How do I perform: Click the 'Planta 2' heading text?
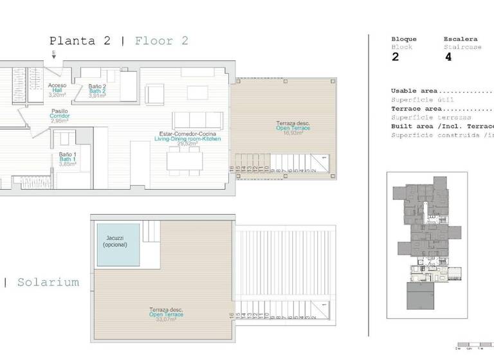tap(80, 41)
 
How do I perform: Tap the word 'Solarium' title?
tap(48, 282)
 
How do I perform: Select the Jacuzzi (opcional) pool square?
tap(118, 245)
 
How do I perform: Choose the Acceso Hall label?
tap(57, 90)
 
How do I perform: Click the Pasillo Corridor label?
tap(60, 116)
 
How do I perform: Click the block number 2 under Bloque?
tap(395, 57)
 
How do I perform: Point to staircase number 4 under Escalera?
tap(448, 57)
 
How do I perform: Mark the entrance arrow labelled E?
tap(54, 55)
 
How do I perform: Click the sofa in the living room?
tap(197, 120)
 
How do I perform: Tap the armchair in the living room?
tap(155, 94)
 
